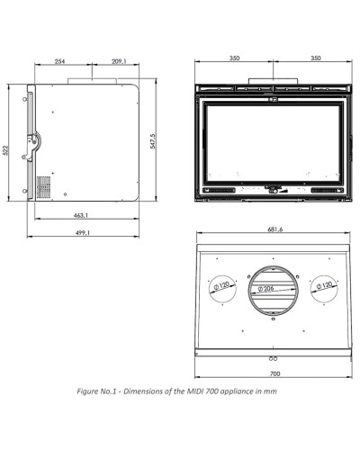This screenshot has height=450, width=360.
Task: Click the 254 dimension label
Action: pos(59,61)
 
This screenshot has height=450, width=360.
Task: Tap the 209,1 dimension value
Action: pos(119,61)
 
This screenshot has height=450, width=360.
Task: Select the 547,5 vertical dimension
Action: pos(153,141)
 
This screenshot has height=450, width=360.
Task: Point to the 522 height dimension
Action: pos(5,150)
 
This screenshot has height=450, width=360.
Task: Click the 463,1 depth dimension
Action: pos(81,215)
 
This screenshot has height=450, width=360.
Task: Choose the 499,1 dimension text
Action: pos(82,232)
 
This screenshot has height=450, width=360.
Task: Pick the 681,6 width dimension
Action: pos(275,229)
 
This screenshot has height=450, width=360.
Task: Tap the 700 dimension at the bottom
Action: pos(274,373)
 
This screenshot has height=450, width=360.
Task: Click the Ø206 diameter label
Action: pos(265,289)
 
